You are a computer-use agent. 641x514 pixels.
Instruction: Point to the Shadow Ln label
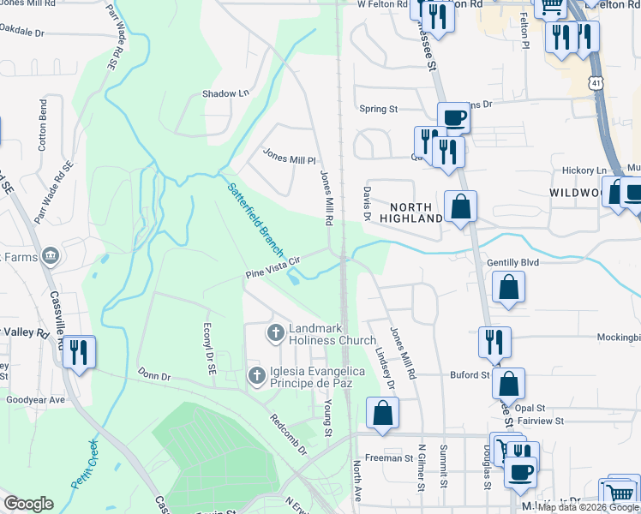[225, 93]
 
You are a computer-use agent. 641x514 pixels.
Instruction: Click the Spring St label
[379, 109]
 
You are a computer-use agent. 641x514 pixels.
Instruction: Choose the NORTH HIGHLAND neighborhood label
[416, 212]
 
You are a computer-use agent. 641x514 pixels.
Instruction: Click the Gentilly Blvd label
[512, 262]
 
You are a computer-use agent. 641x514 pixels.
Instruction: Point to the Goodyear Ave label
[35, 399]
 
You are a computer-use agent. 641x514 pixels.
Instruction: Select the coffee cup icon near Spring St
[453, 117]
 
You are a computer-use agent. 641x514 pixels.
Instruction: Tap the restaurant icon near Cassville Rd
[79, 351]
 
